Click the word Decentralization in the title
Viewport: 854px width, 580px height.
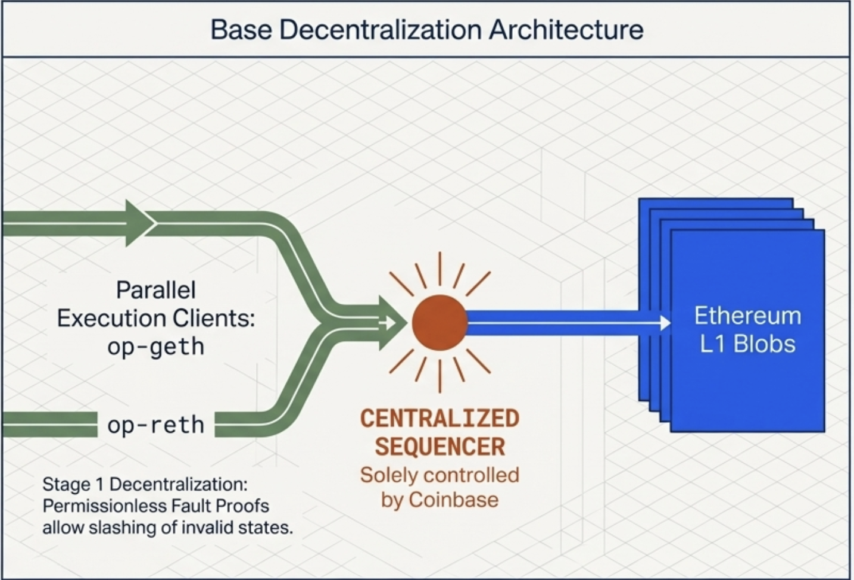[379, 30]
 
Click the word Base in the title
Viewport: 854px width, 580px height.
[240, 30]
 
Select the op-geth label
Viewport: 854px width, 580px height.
[155, 347]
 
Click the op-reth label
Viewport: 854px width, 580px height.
[155, 425]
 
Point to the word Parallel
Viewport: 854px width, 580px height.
[155, 290]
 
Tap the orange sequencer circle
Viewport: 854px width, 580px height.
[440, 322]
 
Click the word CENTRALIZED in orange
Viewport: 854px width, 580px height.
[440, 418]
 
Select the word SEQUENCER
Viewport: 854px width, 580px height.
[440, 447]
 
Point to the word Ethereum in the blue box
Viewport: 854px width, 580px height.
[747, 316]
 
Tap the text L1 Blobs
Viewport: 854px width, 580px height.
[747, 344]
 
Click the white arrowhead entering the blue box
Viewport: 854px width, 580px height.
[665, 323]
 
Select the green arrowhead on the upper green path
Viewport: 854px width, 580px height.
[139, 223]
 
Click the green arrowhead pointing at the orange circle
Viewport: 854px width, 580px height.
[393, 322]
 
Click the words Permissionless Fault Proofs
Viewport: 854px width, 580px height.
[155, 506]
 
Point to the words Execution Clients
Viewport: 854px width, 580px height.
[155, 319]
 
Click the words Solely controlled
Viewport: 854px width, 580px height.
[440, 475]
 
